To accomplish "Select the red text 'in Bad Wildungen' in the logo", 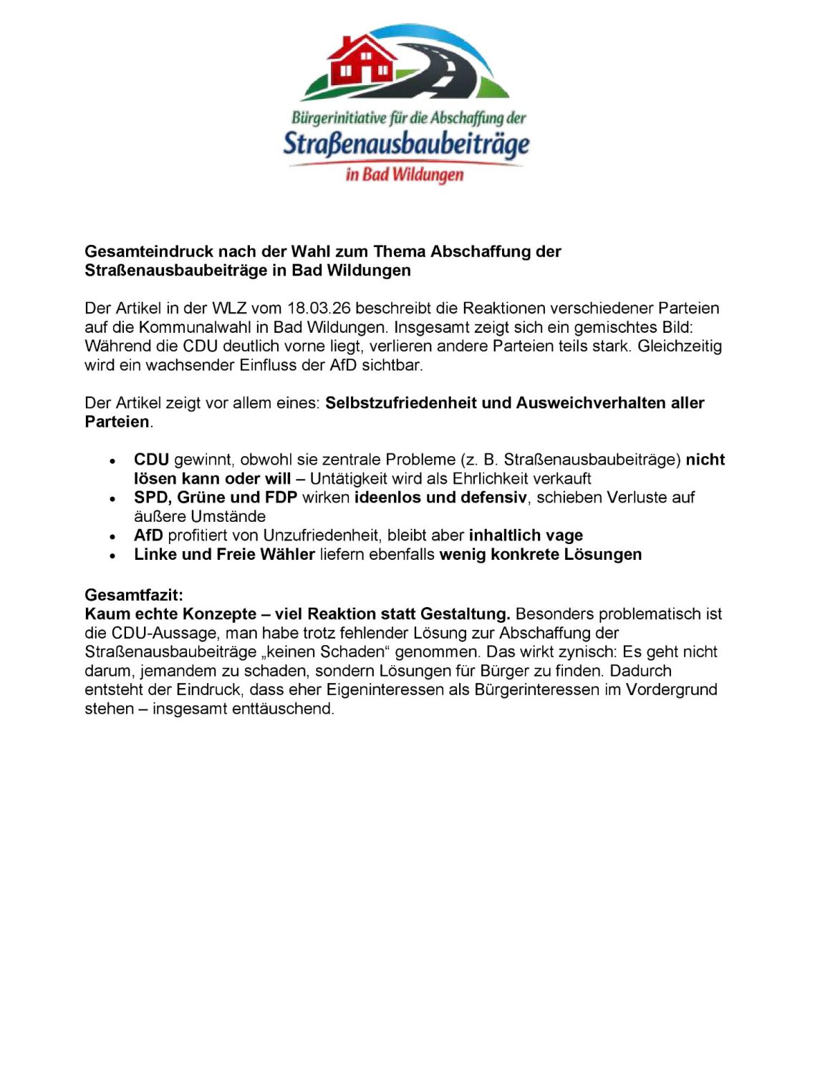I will click(405, 174).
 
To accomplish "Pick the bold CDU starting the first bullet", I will click(151, 460).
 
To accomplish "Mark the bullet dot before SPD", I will click(112, 498).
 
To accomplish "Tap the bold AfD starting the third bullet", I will click(148, 535).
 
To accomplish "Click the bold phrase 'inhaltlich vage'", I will click(526, 535).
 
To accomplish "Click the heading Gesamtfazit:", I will click(134, 595).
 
